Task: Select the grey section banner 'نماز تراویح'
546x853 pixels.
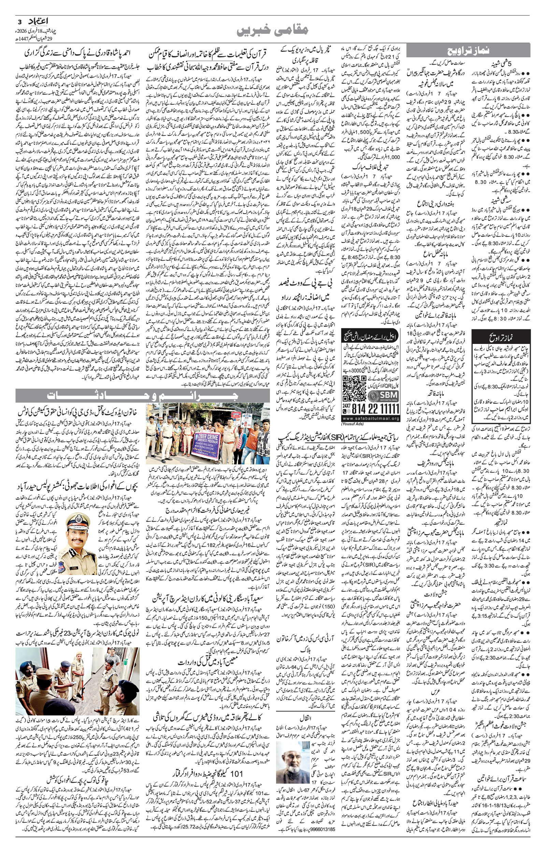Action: [468, 51]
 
